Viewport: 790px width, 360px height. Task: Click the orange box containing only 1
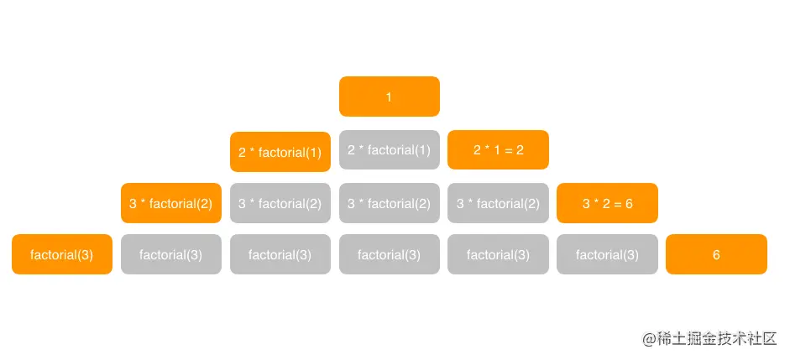(389, 97)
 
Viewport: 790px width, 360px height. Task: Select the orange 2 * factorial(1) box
(280, 152)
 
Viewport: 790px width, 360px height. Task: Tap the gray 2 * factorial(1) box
(389, 150)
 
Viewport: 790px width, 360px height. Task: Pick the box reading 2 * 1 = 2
(498, 150)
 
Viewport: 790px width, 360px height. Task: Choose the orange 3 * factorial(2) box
(170, 203)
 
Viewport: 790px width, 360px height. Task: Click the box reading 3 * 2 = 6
(607, 203)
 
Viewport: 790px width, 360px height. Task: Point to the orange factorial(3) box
(61, 254)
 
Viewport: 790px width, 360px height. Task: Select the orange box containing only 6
(716, 254)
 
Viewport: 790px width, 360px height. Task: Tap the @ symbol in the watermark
(648, 339)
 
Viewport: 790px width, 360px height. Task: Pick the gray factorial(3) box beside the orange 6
(607, 254)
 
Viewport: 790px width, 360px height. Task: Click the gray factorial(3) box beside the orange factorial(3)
(170, 254)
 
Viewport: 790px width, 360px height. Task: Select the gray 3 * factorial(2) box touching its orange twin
(280, 203)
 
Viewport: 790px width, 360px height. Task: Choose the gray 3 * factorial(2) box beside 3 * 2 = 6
(498, 203)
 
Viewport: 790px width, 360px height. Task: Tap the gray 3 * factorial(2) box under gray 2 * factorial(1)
(389, 203)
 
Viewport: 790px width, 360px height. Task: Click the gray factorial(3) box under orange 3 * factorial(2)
(170, 254)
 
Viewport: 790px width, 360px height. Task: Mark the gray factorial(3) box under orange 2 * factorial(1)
(280, 254)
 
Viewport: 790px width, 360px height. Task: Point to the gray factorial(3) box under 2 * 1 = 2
(498, 254)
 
